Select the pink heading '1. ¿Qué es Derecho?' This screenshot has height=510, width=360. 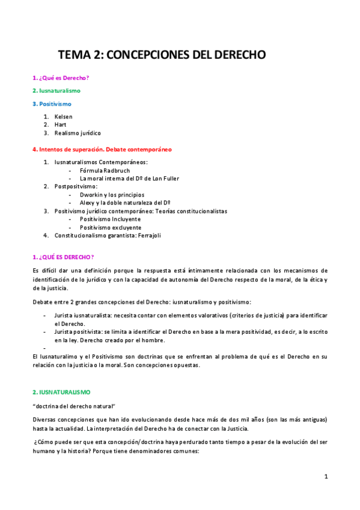[x=61, y=78]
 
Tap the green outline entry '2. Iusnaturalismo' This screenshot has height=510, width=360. [x=56, y=91]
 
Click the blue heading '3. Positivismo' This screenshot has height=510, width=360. [x=52, y=104]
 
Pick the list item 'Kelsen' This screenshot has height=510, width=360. [x=63, y=116]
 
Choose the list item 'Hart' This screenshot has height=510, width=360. [x=60, y=124]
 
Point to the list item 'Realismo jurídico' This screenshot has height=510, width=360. [x=78, y=133]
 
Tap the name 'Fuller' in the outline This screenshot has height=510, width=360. [x=170, y=179]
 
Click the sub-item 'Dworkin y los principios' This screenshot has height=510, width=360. [x=112, y=195]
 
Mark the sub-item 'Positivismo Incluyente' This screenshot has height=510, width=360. [x=111, y=220]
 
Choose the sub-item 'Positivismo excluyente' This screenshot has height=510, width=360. [x=111, y=228]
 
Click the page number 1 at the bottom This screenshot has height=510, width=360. [x=326, y=476]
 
